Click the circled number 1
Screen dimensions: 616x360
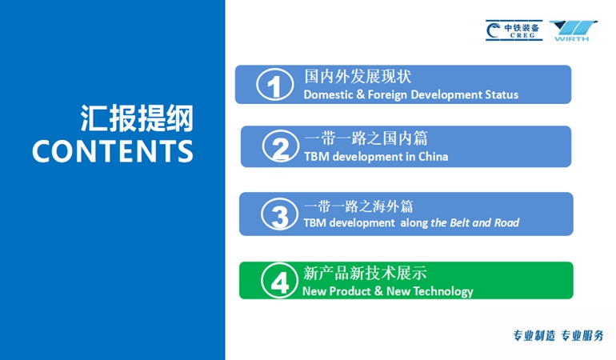click(x=274, y=85)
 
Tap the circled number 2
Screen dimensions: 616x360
click(x=281, y=146)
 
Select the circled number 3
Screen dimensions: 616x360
click(x=280, y=214)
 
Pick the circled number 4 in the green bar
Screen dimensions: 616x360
click(x=280, y=281)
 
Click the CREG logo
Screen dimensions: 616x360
click(x=514, y=30)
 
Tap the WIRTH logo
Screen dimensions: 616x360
click(x=573, y=30)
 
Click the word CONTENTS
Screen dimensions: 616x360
click(x=113, y=151)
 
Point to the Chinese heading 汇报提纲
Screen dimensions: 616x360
click(x=137, y=118)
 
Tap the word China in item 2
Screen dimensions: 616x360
click(x=433, y=157)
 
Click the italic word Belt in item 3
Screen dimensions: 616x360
click(x=460, y=223)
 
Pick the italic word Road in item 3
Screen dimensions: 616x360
click(x=506, y=223)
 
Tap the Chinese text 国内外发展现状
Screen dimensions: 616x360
click(x=358, y=76)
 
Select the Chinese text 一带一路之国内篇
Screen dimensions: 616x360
click(x=366, y=138)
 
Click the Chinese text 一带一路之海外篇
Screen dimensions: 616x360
click(x=358, y=206)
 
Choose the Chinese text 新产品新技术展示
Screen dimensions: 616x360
click(x=365, y=273)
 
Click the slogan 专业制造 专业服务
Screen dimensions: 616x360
click(x=558, y=336)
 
